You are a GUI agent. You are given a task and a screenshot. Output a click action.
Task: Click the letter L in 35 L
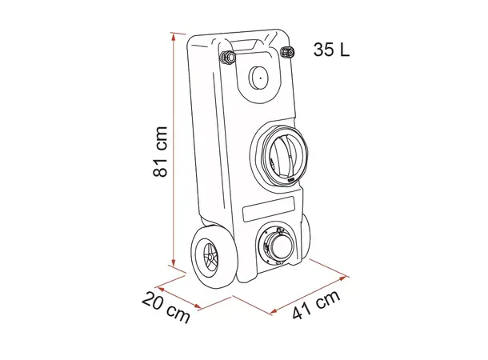(343, 50)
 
